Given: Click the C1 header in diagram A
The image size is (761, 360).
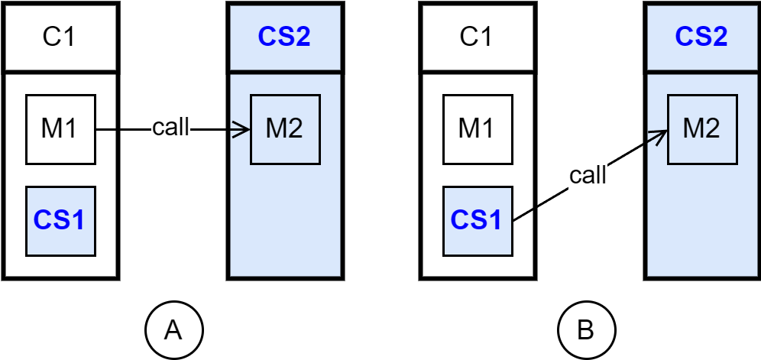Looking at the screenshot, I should [x=60, y=37].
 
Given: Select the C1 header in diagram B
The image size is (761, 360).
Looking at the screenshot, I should [x=475, y=37].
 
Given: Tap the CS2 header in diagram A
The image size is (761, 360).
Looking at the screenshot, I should [x=283, y=37].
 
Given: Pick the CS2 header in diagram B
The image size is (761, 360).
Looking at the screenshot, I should [x=701, y=37].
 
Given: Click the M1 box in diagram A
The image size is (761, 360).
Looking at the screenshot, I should [x=60, y=129].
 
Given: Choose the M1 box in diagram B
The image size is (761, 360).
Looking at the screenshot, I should [x=475, y=129].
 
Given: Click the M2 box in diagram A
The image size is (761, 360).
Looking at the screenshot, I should [x=284, y=129].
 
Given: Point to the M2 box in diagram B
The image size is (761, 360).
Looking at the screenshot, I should [x=701, y=129].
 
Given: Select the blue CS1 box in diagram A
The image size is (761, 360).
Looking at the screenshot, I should [x=60, y=221].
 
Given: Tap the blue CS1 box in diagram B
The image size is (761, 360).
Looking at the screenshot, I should [x=475, y=221].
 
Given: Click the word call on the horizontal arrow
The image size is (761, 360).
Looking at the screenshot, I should [x=170, y=128].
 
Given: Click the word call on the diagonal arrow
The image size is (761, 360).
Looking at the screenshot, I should [x=588, y=175].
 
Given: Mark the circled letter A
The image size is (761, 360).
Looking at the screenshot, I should [x=173, y=330].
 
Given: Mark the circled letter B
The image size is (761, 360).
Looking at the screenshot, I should [x=586, y=330].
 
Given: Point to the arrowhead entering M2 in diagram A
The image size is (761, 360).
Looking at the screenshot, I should [x=247, y=130].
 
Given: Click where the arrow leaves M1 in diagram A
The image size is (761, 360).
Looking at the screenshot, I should [x=98, y=130].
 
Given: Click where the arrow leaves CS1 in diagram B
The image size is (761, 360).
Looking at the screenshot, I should [x=512, y=220].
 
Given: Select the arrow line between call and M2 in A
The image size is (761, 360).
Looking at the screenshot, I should [x=218, y=130].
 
